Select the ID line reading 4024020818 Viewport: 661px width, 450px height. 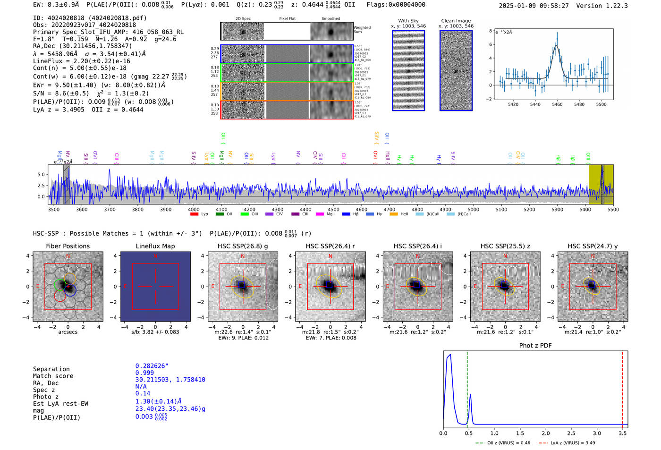pos(90,18)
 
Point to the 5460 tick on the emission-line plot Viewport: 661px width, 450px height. pos(557,104)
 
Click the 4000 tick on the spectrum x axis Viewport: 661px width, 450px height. pos(194,209)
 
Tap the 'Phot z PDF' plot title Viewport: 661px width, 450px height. pos(535,346)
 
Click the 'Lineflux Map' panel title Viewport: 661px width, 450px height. pos(155,246)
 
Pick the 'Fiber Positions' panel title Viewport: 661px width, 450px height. pos(68,246)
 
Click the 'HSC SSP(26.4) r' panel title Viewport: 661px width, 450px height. pos(330,246)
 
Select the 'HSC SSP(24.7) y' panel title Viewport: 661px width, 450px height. pos(593,246)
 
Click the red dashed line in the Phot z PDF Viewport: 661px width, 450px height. pos(622,387)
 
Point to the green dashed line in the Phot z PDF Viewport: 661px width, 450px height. pos(467,387)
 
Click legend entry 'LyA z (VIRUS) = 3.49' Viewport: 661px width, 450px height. pos(572,443)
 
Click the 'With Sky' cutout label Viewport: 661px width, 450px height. pos(408,21)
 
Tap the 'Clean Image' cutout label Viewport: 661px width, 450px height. pos(456,21)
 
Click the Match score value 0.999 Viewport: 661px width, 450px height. pos(144,373)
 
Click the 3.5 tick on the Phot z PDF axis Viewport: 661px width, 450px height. pos(623,433)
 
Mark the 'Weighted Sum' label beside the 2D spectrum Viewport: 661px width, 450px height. pos(362,29)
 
